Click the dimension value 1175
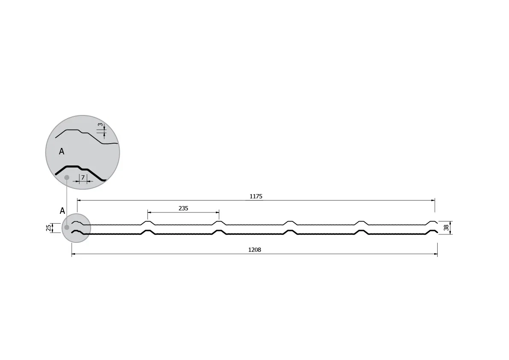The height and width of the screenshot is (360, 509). coord(256,196)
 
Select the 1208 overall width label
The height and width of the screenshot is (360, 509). coord(255,250)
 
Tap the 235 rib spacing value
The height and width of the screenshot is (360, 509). coord(183,208)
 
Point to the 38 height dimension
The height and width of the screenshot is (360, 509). coord(446,227)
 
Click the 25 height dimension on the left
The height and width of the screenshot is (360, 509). coord(49,228)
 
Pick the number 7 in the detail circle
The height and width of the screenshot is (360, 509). coord(83,177)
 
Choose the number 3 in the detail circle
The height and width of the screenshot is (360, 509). coord(100,125)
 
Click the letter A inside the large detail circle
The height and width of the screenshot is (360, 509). coord(62,151)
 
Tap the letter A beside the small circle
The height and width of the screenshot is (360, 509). coord(62,211)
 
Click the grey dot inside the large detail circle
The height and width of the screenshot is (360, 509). coord(67,177)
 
